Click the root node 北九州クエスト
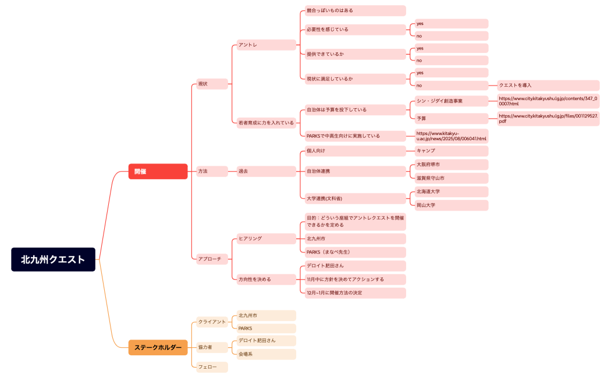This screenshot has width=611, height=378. pyautogui.click(x=53, y=259)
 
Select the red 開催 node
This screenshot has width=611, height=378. pyautogui.click(x=158, y=172)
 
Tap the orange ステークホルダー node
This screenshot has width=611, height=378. pyautogui.click(x=158, y=348)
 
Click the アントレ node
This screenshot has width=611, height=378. pyautogui.click(x=266, y=45)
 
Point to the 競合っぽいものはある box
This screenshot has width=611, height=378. pyautogui.click(x=355, y=10)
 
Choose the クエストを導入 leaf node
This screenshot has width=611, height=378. pyautogui.click(x=548, y=85)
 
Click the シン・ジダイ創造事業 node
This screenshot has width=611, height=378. pyautogui.click(x=451, y=101)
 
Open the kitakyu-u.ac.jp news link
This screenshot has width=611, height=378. pyautogui.click(x=451, y=136)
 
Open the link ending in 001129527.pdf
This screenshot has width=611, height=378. pyautogui.click(x=548, y=119)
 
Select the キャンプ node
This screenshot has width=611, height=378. pyautogui.click(x=451, y=151)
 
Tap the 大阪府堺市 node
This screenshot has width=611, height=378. pyautogui.click(x=451, y=165)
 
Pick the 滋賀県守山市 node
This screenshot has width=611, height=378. pyautogui.click(x=451, y=178)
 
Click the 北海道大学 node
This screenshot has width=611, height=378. pyautogui.click(x=451, y=191)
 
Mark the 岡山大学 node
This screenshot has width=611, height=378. pyautogui.click(x=451, y=205)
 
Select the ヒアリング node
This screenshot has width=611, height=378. pyautogui.click(x=266, y=238)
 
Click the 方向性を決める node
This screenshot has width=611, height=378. pyautogui.click(x=266, y=279)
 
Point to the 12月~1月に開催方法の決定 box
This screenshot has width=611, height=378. pyautogui.click(x=355, y=293)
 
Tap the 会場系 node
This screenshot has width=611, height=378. pyautogui.click(x=266, y=354)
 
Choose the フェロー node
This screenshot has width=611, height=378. pyautogui.click(x=211, y=367)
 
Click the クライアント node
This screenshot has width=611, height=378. pyautogui.click(x=211, y=322)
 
